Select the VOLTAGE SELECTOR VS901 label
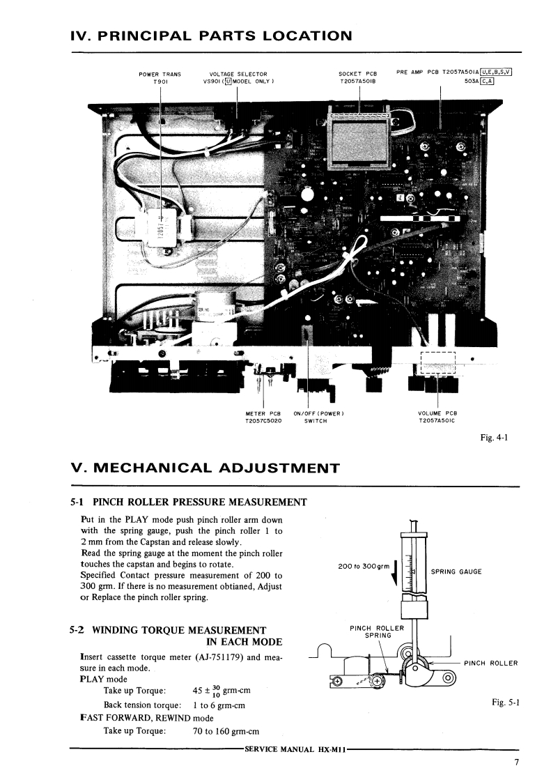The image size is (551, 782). tap(238, 77)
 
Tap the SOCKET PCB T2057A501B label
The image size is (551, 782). tap(357, 77)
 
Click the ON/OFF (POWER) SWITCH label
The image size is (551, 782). tap(319, 417)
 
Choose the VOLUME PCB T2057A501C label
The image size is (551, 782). tap(437, 417)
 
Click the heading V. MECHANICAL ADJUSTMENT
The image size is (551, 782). tap(205, 468)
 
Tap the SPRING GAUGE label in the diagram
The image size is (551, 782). tap(456, 572)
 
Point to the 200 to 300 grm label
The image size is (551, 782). tap(362, 566)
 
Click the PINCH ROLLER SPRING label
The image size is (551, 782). tap(376, 631)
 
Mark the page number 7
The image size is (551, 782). tap(517, 762)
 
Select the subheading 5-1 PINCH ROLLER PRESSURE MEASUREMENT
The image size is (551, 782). tap(189, 502)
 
